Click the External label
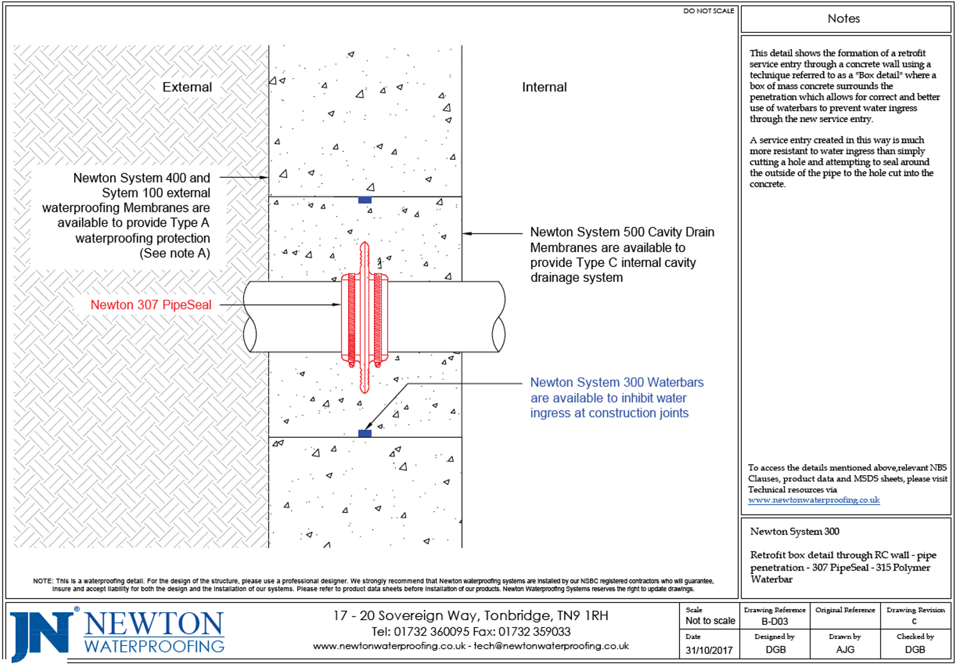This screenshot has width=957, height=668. pyautogui.click(x=187, y=87)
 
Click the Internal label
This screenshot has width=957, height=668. pyautogui.click(x=544, y=87)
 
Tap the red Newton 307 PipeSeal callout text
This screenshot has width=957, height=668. pyautogui.click(x=151, y=305)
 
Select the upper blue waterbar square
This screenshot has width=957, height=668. pyautogui.click(x=365, y=200)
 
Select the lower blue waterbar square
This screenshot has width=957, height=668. pyautogui.click(x=365, y=433)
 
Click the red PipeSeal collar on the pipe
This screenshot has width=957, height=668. pyautogui.click(x=364, y=317)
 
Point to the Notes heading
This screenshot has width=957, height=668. pyautogui.click(x=843, y=19)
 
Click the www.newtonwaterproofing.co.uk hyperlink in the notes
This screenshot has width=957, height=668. pyautogui.click(x=813, y=500)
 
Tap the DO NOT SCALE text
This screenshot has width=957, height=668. pyautogui.click(x=708, y=11)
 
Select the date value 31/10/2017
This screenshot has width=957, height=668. pyautogui.click(x=709, y=650)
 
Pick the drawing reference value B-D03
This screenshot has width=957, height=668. pyautogui.click(x=775, y=621)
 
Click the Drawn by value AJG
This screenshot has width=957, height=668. pyautogui.click(x=845, y=649)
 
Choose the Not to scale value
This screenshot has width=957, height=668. pyautogui.click(x=710, y=621)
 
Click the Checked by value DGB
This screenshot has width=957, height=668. pyautogui.click(x=915, y=649)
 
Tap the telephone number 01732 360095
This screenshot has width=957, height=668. pyautogui.click(x=431, y=631)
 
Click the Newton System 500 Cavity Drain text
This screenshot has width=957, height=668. pyautogui.click(x=621, y=232)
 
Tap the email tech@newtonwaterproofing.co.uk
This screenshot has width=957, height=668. pyautogui.click(x=551, y=646)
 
